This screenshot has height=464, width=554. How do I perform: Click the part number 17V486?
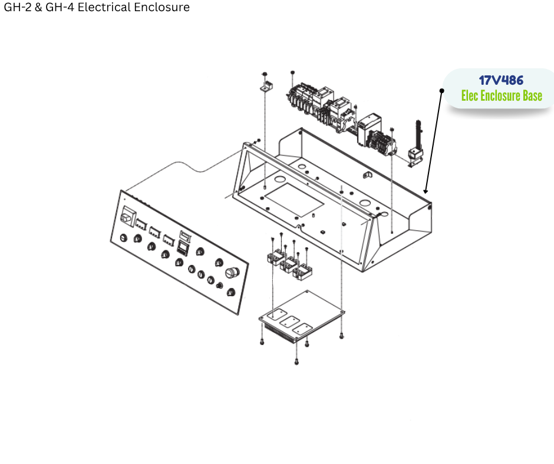coord(501,80)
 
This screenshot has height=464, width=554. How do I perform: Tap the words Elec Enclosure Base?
coord(501,95)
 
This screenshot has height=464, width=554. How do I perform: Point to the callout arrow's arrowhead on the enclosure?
coord(425,191)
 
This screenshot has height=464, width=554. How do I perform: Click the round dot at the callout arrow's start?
coord(441,90)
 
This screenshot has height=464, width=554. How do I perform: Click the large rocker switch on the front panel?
coord(126,217)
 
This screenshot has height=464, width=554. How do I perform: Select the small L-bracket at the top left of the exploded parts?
coord(265,87)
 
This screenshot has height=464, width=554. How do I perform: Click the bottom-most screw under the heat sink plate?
coord(296,361)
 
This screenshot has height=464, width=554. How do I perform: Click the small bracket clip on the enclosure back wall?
coord(366,174)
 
